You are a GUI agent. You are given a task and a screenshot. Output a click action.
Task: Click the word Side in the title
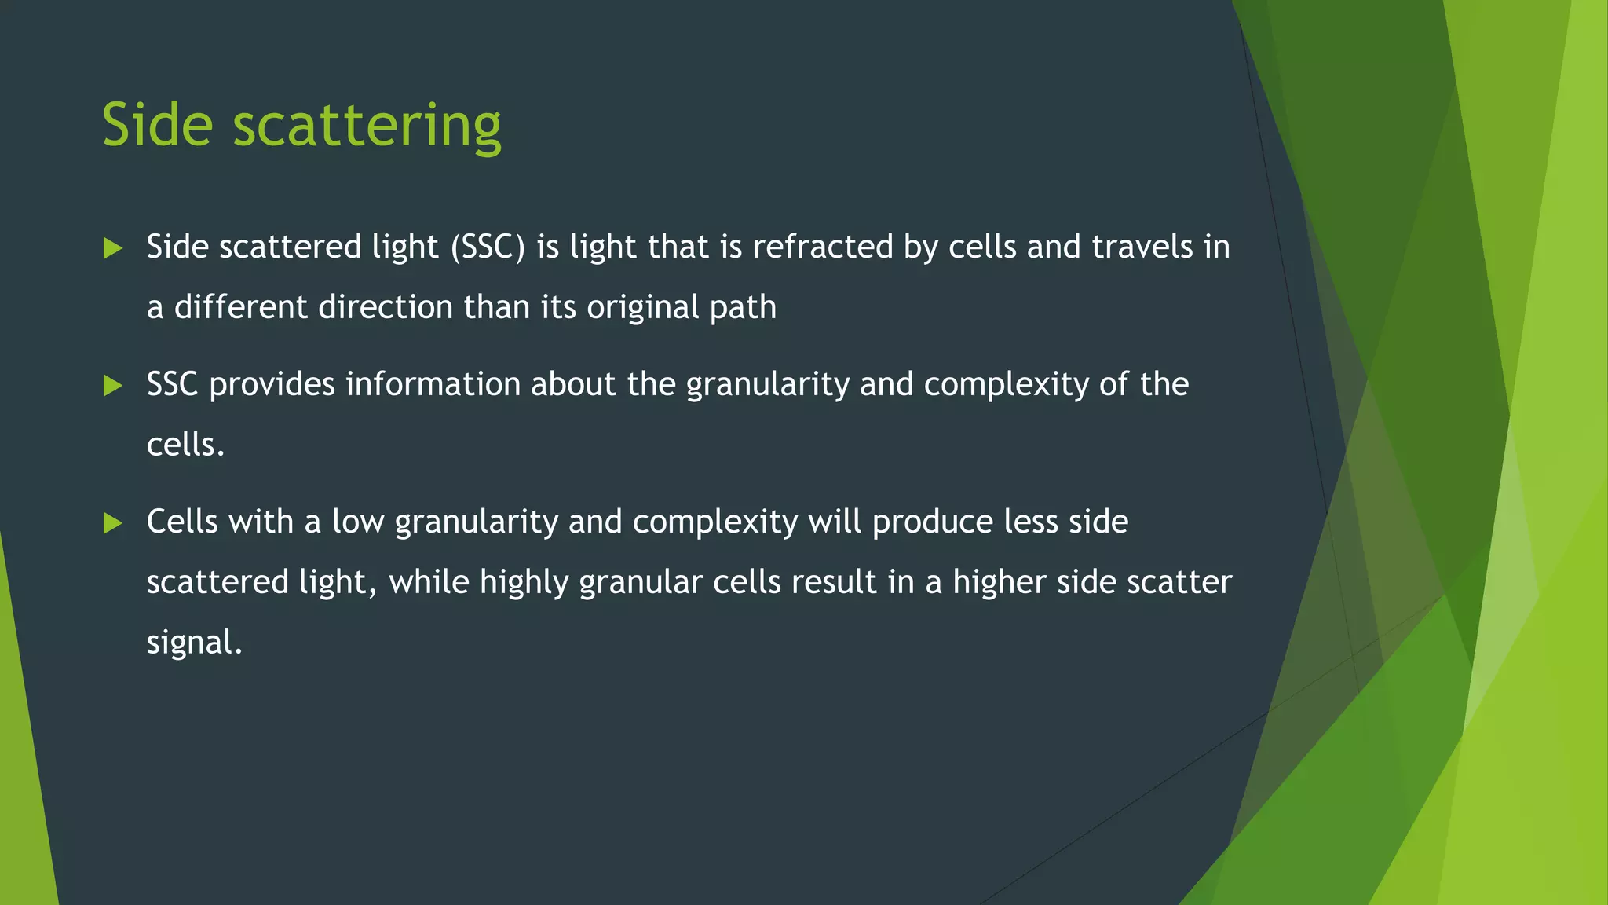157,125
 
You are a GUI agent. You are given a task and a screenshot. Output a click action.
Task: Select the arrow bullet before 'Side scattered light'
113,249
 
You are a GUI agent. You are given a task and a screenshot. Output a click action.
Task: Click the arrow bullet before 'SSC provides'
113,386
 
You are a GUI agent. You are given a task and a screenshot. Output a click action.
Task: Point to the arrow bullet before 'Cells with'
113,523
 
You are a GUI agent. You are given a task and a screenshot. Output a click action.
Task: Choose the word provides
272,385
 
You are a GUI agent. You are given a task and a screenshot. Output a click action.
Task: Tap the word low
358,522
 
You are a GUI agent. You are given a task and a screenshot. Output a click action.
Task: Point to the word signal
194,643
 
